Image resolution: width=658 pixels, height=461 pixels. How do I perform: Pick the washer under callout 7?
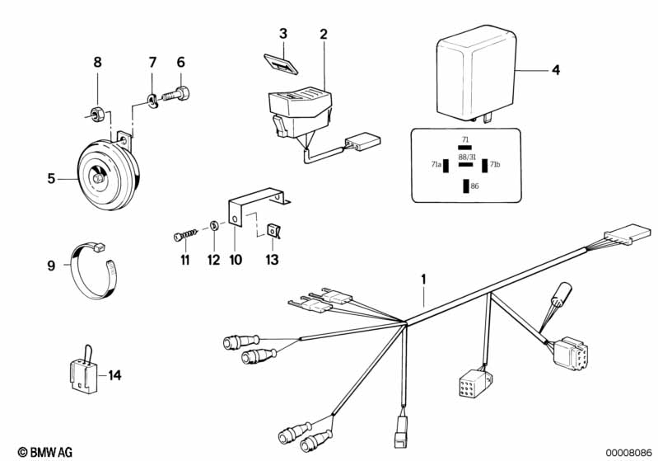(153, 101)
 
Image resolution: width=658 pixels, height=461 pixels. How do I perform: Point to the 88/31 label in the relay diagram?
(465, 156)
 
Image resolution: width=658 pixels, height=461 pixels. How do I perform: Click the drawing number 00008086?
(628, 452)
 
